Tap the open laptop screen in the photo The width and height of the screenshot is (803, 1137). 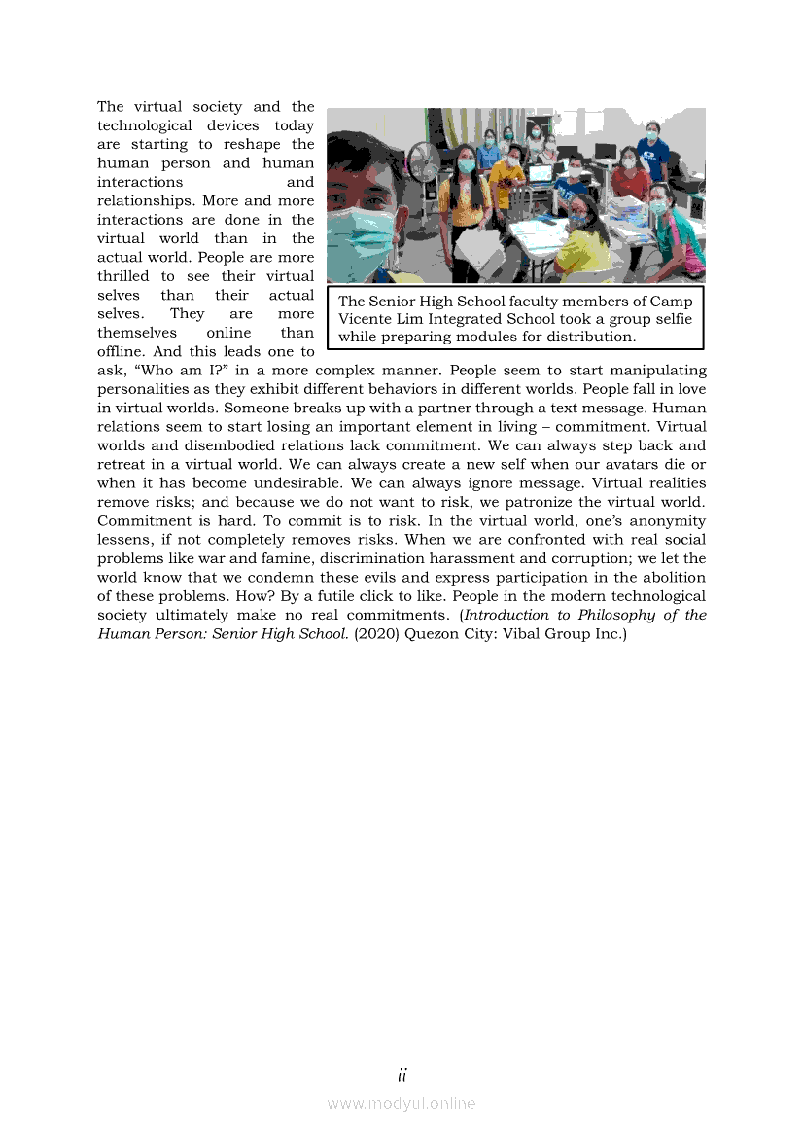tap(541, 176)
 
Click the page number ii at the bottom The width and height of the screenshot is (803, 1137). tap(401, 1075)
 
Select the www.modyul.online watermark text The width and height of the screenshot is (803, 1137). tap(401, 1104)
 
